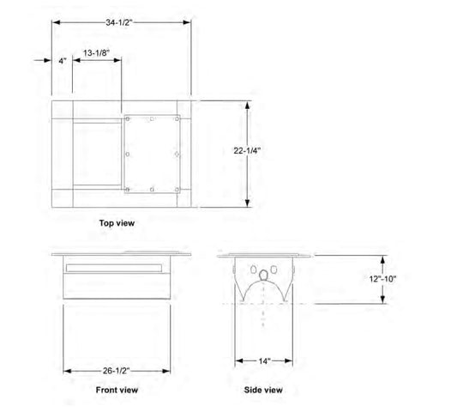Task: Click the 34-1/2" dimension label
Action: (119, 22)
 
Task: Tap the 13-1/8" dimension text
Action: (97, 53)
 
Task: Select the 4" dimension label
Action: (63, 61)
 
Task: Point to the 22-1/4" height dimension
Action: (247, 150)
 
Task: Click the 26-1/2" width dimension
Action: (116, 371)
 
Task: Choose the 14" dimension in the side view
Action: (265, 361)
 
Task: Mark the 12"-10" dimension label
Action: (382, 279)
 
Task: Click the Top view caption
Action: (117, 223)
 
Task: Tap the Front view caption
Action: (117, 390)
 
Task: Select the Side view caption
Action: (263, 390)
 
